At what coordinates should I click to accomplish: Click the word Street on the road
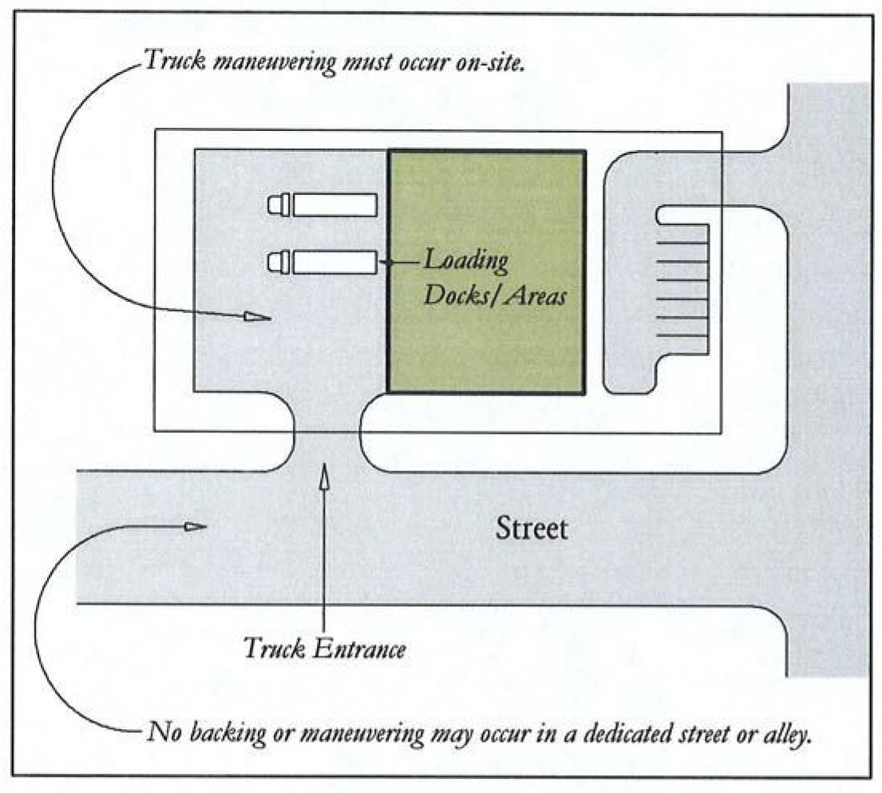[x=532, y=529]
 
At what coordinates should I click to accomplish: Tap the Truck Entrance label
[x=325, y=648]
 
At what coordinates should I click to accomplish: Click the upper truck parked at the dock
[x=322, y=205]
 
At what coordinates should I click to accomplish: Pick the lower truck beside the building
[x=322, y=262]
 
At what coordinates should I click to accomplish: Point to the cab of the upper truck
[x=279, y=205]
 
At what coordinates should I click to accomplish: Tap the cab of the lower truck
[x=279, y=262]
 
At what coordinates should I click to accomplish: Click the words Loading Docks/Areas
[x=493, y=278]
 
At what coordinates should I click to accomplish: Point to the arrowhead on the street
[x=192, y=526]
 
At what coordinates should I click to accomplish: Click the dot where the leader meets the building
[x=386, y=262]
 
